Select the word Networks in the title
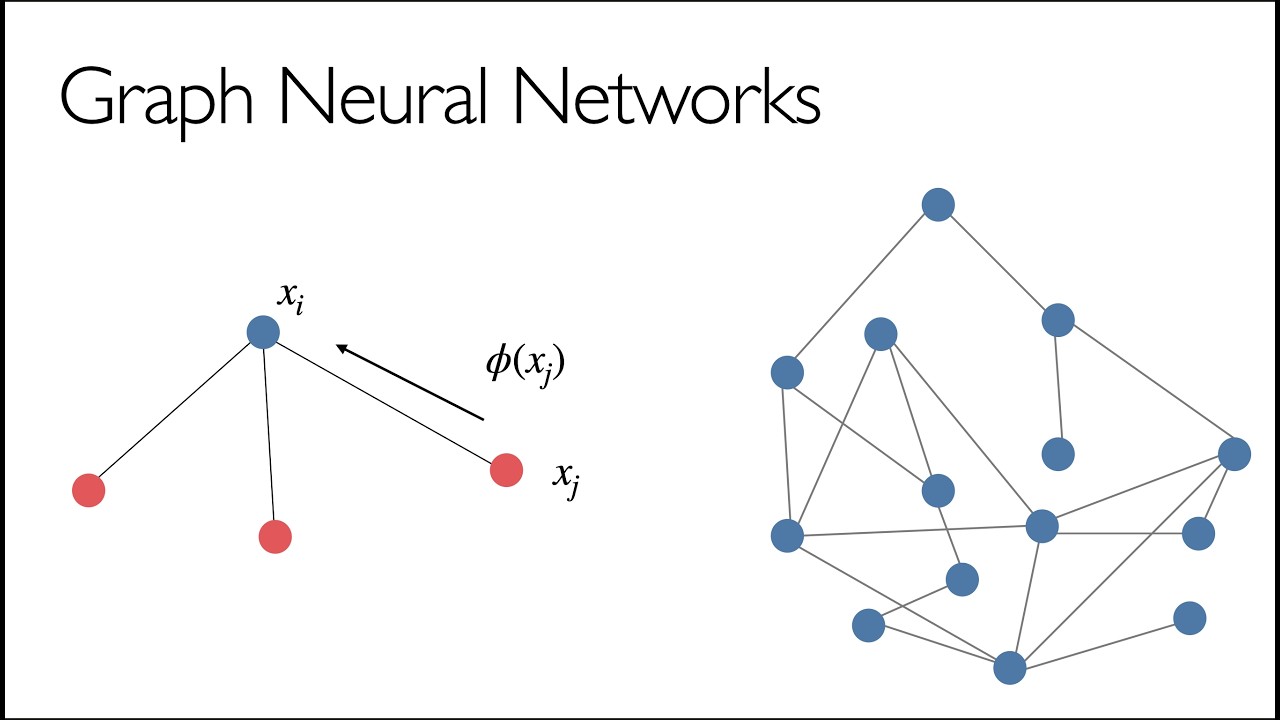click(x=667, y=94)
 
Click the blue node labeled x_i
click(x=263, y=332)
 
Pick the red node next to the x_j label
click(x=506, y=470)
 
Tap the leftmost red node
click(x=89, y=490)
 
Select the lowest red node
click(x=275, y=537)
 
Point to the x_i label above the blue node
click(x=290, y=298)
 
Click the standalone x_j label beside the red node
click(x=566, y=479)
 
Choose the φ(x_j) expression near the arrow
click(x=525, y=365)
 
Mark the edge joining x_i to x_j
click(x=385, y=401)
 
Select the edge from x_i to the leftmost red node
click(x=174, y=410)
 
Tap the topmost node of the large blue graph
click(x=938, y=205)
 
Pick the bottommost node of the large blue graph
click(x=1010, y=667)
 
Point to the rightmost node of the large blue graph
click(x=1234, y=454)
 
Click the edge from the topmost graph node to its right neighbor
click(x=998, y=262)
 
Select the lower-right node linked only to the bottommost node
click(x=1190, y=618)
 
